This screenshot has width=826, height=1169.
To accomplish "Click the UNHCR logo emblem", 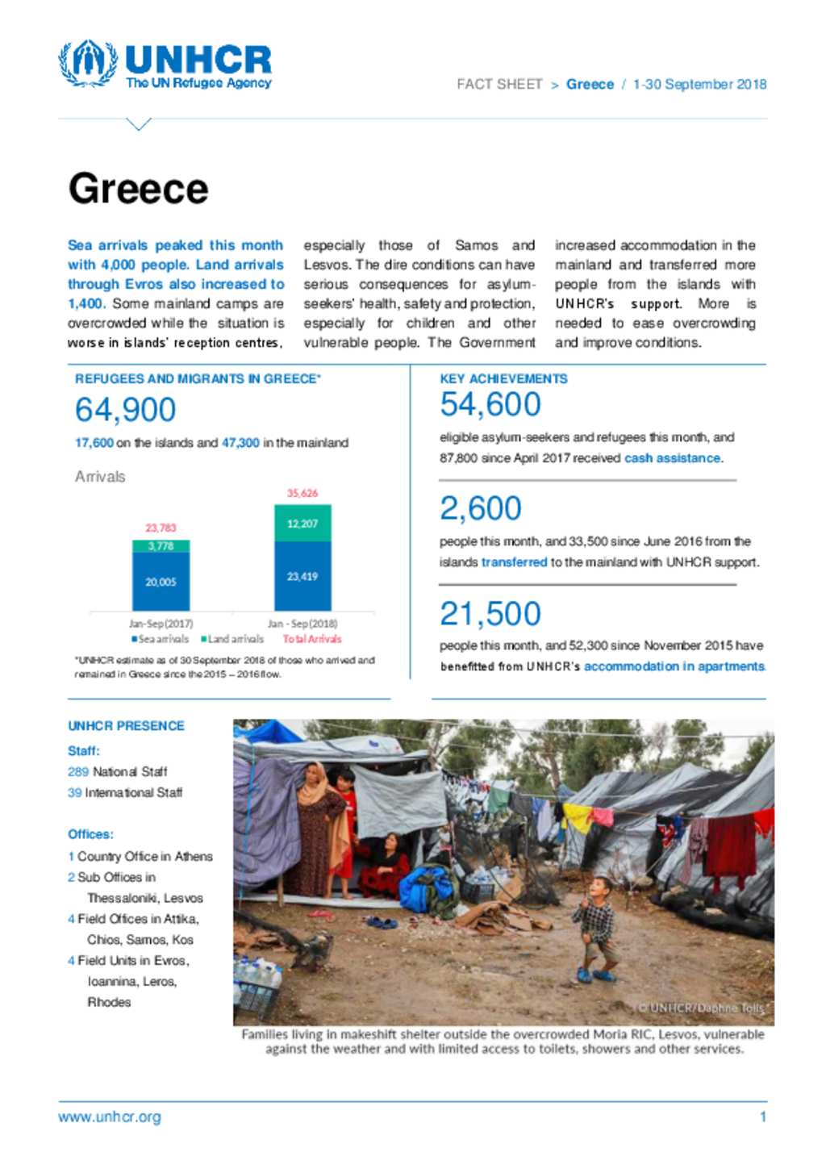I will (x=87, y=63).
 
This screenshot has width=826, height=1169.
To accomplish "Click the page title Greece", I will (x=138, y=189).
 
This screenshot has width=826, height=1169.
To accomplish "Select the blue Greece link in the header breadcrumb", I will (x=590, y=84).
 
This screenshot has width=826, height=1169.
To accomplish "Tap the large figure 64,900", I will (x=125, y=410).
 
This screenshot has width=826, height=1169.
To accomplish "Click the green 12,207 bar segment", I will (x=302, y=524).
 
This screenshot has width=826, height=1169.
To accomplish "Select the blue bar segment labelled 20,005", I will (x=161, y=582).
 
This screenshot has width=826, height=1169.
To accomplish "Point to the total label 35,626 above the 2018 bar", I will (x=302, y=493).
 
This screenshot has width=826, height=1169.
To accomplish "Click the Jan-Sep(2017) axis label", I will (x=161, y=624).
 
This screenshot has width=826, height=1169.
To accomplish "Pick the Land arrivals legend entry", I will (x=232, y=639).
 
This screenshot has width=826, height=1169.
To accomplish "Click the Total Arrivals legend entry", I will (x=311, y=639).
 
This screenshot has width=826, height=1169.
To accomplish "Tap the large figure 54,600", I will (x=490, y=405).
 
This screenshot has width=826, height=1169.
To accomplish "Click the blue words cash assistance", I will (x=672, y=458).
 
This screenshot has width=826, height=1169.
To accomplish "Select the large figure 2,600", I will (x=481, y=509).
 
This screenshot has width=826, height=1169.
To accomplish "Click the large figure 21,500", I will (x=490, y=614).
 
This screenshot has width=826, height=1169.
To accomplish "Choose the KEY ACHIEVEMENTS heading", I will (x=503, y=378).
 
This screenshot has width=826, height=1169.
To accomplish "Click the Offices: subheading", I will (x=90, y=834).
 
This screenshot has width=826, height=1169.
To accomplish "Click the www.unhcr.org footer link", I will (x=110, y=1117).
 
